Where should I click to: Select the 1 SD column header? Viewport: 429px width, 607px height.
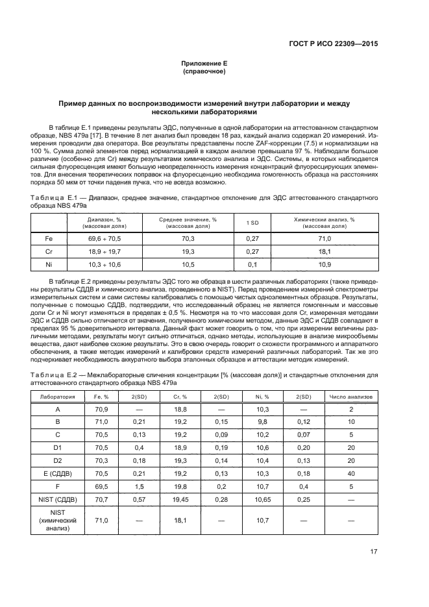(252, 223)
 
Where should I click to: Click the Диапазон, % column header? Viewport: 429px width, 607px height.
(104, 223)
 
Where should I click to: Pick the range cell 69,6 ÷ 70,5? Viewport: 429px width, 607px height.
(104, 238)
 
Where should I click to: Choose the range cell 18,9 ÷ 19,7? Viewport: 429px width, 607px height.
(104, 251)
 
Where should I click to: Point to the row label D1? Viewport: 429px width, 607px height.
(57, 447)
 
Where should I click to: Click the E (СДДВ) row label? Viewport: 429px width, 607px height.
(57, 473)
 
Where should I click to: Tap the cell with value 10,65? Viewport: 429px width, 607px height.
(263, 499)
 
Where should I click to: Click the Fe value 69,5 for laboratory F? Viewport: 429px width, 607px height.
(101, 486)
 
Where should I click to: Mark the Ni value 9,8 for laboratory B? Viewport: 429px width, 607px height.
(263, 421)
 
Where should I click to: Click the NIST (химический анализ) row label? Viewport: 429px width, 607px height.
(57, 521)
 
